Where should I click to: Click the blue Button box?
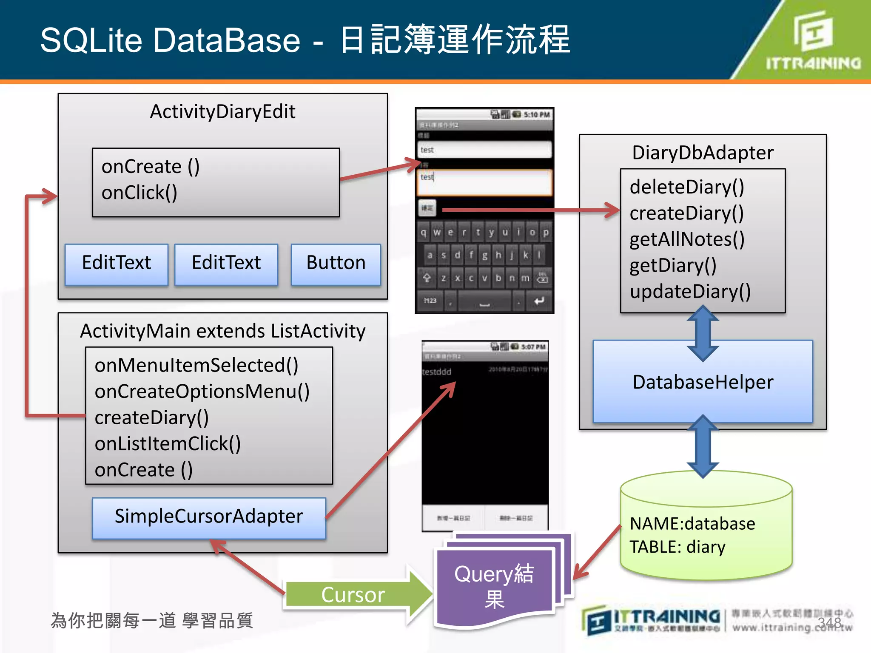[336, 264]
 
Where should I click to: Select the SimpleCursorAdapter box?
[209, 517]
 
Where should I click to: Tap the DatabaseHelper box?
[703, 382]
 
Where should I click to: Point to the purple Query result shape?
[495, 587]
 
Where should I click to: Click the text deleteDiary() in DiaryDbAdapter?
[686, 187]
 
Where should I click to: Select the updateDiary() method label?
[690, 292]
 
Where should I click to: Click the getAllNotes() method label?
[686, 239]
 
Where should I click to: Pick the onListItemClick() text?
[168, 444]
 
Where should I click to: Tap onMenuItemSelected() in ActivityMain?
[196, 365]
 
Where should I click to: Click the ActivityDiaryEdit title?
[222, 112]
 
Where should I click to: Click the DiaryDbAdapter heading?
[703, 153]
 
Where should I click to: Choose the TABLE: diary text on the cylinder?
[677, 547]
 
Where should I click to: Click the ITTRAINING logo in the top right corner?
[813, 43]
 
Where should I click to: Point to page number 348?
[829, 623]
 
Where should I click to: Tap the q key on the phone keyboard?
[423, 233]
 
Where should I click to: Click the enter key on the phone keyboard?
[539, 301]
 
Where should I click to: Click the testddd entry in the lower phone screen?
[437, 372]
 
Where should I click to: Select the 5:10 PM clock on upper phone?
[537, 115]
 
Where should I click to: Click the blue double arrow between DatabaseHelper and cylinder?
[703, 446]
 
